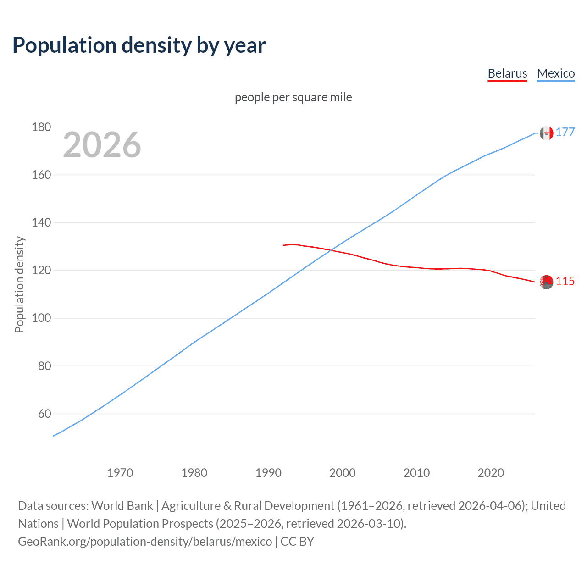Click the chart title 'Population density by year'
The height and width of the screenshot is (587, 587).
139,45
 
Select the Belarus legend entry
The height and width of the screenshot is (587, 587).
507,73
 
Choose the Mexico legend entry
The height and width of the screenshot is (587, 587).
556,73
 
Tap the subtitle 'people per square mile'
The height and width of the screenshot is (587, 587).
293,97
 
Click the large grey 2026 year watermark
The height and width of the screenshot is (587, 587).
102,145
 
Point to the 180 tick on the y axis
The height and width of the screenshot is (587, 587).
41,127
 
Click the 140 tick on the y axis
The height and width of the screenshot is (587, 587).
41,223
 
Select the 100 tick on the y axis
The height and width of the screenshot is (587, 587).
41,318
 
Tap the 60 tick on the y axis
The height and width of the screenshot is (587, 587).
44,414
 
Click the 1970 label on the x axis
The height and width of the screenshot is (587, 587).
120,473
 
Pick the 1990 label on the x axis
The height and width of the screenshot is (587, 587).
268,473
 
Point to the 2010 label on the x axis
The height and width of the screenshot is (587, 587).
416,473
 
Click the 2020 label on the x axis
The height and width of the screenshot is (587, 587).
491,473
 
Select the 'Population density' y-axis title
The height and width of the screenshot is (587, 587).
19,284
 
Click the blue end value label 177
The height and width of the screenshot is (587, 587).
565,133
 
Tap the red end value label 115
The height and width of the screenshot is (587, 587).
565,282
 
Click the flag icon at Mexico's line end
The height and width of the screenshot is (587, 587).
546,133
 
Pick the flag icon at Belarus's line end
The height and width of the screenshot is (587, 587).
546,282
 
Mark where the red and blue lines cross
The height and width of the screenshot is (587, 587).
331,250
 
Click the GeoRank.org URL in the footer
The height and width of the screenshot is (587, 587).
145,542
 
